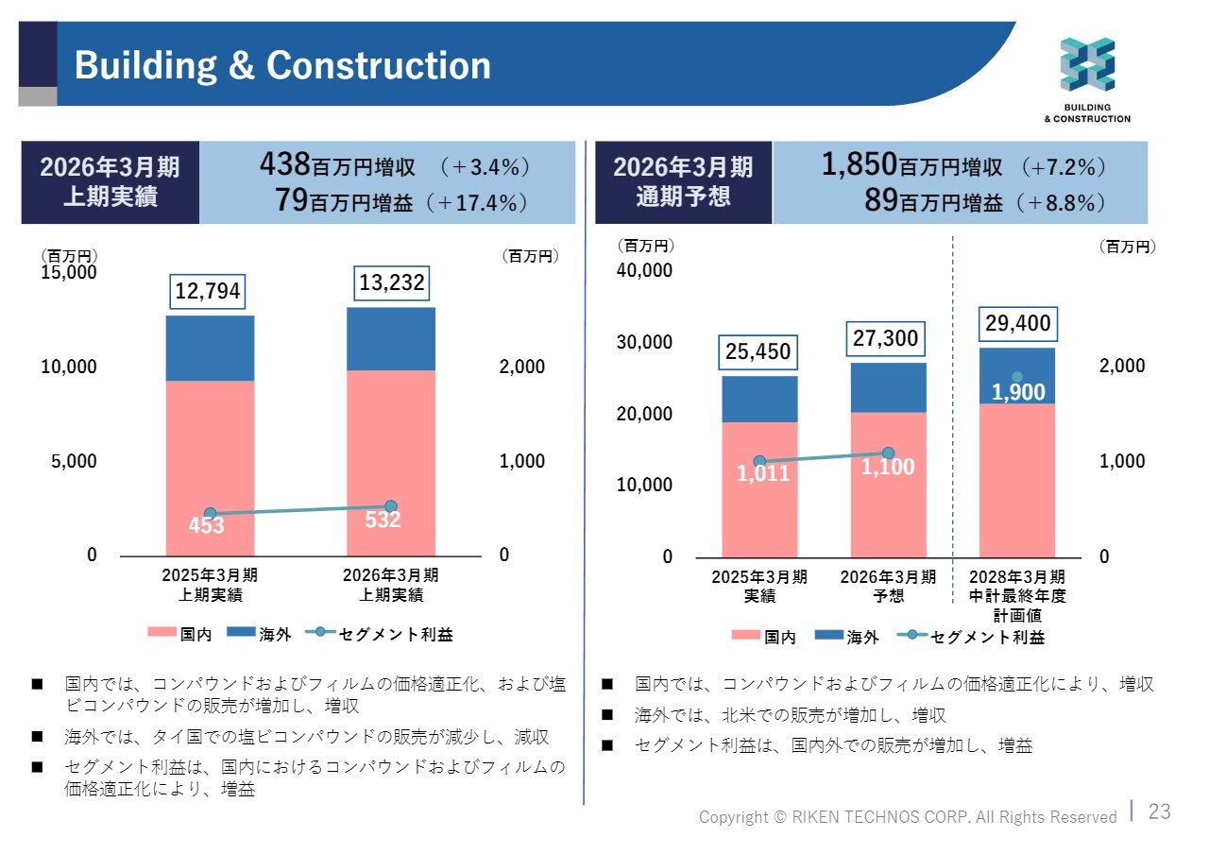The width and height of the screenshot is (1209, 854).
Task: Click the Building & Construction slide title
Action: pos(282,66)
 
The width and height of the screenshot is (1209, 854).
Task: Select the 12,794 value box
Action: pos(208,291)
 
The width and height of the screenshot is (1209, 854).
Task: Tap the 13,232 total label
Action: pos(392,282)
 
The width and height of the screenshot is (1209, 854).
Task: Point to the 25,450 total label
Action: pos(758,352)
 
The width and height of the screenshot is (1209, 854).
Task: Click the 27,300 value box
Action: pos(886,338)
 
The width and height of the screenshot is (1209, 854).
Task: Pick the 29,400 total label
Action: pos(1017,324)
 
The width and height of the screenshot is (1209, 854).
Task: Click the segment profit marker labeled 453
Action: pos(211,514)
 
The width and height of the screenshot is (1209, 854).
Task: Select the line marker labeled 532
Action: pos(391,507)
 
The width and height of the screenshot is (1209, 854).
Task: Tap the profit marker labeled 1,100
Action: pos(888,453)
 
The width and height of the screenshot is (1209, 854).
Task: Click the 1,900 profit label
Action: pos(1017,391)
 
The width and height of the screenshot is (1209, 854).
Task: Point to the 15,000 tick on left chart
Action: pos(68,272)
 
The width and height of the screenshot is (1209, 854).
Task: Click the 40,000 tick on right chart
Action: pos(644,270)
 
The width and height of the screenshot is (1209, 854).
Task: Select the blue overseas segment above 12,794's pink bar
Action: pos(210,348)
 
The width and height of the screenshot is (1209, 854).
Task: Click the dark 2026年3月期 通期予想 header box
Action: pos(683,182)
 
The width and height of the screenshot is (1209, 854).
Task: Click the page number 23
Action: pos(1159,811)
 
